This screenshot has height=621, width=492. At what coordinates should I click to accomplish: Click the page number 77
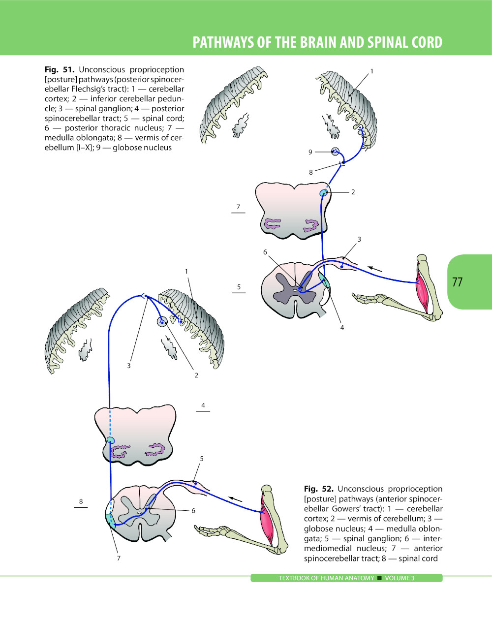pos(457,282)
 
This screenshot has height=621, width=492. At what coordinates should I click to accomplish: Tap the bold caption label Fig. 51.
pos(59,70)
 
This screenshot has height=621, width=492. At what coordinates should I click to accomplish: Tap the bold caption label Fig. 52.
pos(318,489)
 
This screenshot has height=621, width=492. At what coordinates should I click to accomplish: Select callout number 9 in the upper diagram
pos(310,152)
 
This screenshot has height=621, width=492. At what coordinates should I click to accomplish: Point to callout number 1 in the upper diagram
pos(372,71)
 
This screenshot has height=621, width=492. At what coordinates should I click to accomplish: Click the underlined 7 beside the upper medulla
pos(238,207)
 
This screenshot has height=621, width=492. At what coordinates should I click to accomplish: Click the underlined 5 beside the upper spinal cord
pos(239,287)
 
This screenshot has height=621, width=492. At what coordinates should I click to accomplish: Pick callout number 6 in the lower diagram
pos(193,511)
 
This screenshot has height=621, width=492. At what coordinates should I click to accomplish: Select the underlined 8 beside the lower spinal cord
pos(81,501)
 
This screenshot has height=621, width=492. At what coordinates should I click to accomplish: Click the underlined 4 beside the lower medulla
pos(203,405)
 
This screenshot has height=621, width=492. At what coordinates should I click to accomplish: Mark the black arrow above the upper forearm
pos(375,268)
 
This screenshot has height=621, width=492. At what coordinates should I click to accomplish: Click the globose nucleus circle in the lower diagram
pos(162,321)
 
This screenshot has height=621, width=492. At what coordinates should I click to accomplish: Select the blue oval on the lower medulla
pos(111,440)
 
